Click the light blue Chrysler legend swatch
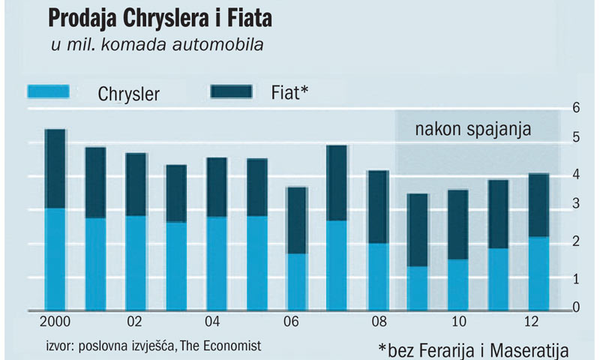pyautogui.click(x=48, y=92)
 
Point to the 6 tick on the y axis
pyautogui.click(x=575, y=107)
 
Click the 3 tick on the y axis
pyautogui.click(x=575, y=205)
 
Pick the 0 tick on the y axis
pyautogui.click(x=575, y=307)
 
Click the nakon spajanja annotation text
pyautogui.click(x=473, y=128)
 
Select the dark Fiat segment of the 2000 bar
pyautogui.click(x=55, y=169)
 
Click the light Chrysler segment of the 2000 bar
pyautogui.click(x=55, y=259)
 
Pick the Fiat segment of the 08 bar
pyautogui.click(x=378, y=207)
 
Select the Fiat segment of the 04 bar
pyautogui.click(x=217, y=187)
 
